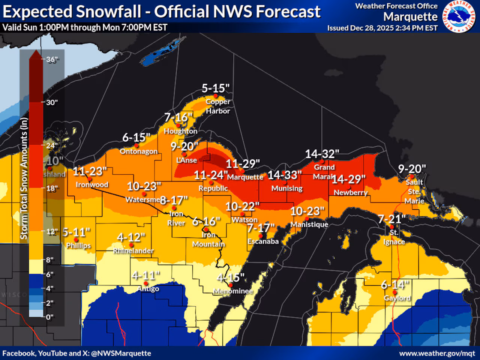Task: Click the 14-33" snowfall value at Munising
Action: (285, 175)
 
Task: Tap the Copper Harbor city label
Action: (218, 106)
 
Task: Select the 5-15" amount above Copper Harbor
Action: (215, 88)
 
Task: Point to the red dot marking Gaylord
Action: (394, 292)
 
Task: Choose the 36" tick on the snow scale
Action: (52, 60)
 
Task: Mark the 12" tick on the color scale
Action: (52, 231)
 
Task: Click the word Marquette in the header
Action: (410, 17)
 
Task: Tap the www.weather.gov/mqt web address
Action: (437, 353)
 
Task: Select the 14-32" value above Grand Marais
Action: (322, 154)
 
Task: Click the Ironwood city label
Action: (92, 184)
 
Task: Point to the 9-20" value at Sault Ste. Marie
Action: (412, 169)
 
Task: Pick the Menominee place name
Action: (233, 291)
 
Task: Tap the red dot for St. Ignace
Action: (391, 227)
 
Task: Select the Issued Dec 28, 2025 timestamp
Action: (382, 28)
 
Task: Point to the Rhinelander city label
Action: (133, 250)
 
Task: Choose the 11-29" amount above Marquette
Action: (243, 164)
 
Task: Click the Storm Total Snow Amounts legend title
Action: (24, 178)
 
